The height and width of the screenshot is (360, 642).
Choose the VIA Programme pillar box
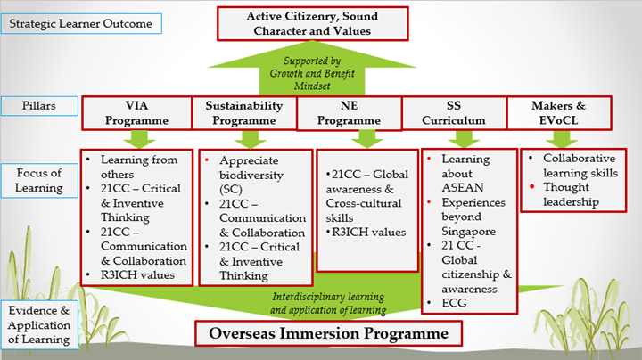coord(136,112)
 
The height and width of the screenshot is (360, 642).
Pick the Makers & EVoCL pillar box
coord(559,112)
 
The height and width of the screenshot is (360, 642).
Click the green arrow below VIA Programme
coord(139,139)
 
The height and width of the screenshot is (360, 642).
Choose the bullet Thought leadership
coord(573,194)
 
